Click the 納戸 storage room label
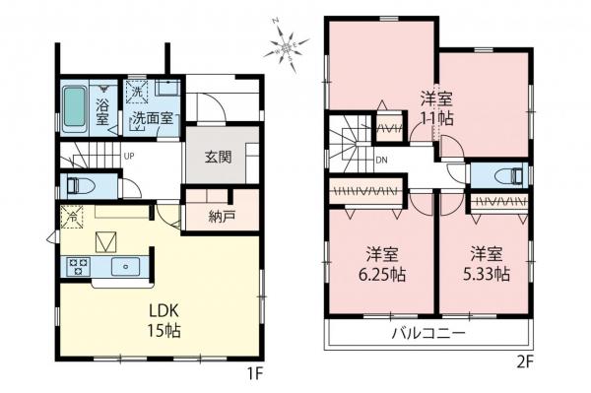(x=223, y=217)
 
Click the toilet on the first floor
(x=77, y=185)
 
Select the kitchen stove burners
(x=78, y=266)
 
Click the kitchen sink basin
(x=127, y=266)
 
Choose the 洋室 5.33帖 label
(x=487, y=260)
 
